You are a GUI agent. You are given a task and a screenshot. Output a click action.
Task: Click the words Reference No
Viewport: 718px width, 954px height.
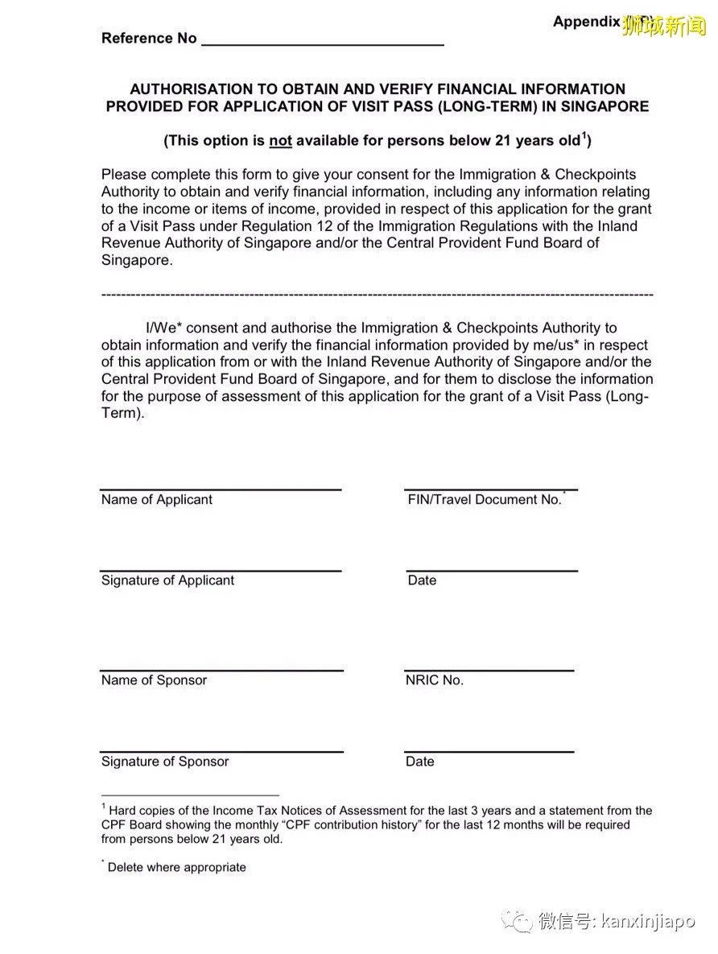click(x=149, y=38)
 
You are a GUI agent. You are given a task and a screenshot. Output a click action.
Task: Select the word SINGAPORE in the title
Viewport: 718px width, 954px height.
click(x=600, y=106)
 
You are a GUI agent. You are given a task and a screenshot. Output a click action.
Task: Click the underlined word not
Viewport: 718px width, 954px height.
click(x=280, y=141)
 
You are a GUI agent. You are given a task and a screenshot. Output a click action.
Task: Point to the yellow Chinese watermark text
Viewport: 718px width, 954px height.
click(x=663, y=26)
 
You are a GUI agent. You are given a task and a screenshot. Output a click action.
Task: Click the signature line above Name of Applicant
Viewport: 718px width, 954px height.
click(x=221, y=489)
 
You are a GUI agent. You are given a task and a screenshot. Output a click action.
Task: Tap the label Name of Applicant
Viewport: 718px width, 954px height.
click(x=157, y=500)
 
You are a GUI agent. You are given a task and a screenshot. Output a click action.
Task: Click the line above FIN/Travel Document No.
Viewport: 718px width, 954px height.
click(x=491, y=489)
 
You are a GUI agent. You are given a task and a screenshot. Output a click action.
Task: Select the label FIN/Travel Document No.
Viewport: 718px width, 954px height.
click(x=485, y=500)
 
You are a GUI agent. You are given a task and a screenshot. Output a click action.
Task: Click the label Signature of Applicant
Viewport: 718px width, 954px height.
click(x=167, y=580)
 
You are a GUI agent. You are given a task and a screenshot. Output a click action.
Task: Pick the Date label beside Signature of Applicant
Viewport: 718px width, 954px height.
click(x=422, y=580)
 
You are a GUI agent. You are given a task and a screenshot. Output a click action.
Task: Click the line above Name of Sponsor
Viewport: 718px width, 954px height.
click(x=221, y=671)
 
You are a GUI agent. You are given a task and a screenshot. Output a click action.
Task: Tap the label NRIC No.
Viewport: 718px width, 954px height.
click(x=435, y=680)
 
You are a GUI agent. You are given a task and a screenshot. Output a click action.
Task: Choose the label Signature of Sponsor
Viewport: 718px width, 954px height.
click(x=165, y=762)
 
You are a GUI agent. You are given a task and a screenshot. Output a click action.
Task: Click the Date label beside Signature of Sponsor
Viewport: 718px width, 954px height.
click(x=420, y=762)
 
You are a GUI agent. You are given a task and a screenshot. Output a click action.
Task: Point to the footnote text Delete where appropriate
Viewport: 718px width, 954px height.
click(x=176, y=867)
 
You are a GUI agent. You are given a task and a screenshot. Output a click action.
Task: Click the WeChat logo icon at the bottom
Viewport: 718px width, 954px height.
click(x=517, y=920)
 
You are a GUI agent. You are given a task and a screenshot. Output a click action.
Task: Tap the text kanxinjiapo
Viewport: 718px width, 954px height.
click(x=648, y=921)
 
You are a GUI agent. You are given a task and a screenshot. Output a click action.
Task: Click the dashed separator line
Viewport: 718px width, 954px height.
click(x=377, y=295)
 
